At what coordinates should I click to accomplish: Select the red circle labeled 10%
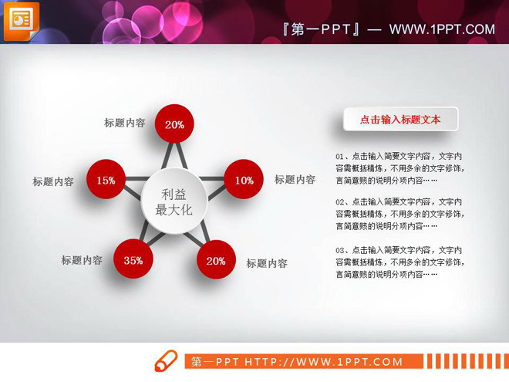coord(244,181)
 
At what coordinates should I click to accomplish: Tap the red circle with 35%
coord(133,260)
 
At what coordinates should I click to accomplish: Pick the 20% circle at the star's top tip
coord(174,124)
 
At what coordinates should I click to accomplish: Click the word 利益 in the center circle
coord(174,194)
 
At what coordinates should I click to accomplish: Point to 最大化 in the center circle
coord(174,210)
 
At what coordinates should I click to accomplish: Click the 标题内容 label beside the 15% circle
coord(53,182)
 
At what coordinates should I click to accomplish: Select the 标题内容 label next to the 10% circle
coord(295,180)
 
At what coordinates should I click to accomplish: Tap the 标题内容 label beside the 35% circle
coord(82,261)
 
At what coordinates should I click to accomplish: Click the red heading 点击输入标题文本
coord(400,120)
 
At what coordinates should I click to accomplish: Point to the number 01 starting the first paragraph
coord(340,155)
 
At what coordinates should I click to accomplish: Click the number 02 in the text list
coord(340,201)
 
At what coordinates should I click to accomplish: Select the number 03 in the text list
coord(340,250)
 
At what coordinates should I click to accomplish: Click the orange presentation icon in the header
coord(21,21)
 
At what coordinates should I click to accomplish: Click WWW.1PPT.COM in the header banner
coord(442,29)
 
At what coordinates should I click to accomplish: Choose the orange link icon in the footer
coord(166,361)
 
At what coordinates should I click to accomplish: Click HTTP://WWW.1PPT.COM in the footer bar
coord(324,362)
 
